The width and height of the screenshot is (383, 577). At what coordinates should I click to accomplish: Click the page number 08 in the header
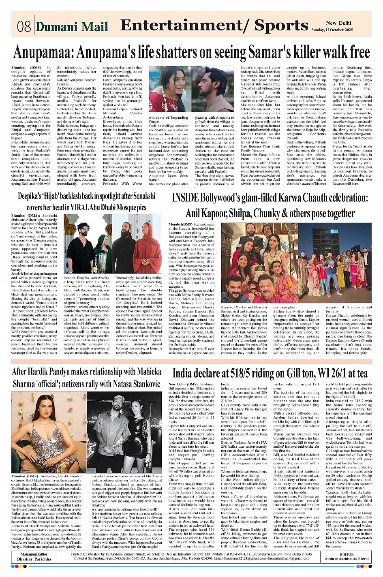24,27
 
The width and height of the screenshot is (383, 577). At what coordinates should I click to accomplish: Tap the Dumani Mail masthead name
72,27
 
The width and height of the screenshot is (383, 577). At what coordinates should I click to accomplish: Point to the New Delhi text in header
338,23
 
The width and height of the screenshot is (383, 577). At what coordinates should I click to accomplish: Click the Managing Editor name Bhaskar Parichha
34,559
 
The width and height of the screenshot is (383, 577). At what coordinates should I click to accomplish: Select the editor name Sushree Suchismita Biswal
347,559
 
